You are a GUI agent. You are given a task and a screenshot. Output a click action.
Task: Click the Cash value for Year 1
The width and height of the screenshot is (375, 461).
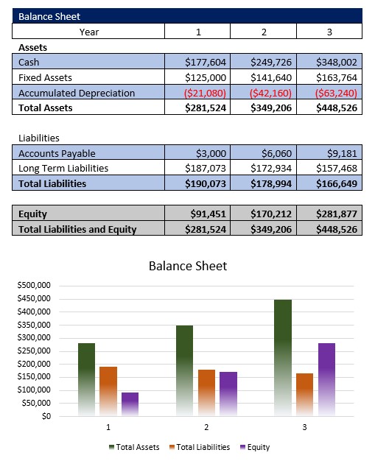pos(206,63)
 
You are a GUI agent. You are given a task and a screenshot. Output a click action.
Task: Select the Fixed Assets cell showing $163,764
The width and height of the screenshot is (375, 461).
pos(337,77)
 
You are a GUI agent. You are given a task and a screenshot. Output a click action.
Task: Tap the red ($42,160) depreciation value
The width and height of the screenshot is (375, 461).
pos(270,94)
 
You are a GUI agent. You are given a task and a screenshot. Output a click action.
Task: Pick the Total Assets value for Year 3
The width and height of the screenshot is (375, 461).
pos(337,108)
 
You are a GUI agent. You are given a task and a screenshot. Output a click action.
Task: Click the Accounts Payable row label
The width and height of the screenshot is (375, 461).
pos(57,153)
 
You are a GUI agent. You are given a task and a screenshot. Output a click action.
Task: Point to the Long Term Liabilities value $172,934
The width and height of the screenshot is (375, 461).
pos(271,168)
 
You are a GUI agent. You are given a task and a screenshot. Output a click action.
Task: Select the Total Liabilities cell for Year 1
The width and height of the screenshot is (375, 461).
pos(206,184)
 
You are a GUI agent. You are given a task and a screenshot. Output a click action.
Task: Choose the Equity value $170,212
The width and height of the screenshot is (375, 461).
pos(271,214)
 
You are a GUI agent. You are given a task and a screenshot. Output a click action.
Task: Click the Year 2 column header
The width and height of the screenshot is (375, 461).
pos(264,32)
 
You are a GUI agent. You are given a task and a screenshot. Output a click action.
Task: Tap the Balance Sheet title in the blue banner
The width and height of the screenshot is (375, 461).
pos(49,16)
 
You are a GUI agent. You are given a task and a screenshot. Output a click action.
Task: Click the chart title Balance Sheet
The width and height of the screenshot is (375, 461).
pos(188,266)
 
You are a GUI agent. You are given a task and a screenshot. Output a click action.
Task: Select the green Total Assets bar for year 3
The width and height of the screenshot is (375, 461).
pos(283,358)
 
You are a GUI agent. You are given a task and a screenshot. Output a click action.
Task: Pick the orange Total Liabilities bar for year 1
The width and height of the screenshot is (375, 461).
pos(108,391)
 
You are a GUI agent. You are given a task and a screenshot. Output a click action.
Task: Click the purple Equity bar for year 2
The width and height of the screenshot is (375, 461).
pos(228,394)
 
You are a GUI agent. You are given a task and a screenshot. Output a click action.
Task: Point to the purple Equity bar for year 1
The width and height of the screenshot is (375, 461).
pos(130,404)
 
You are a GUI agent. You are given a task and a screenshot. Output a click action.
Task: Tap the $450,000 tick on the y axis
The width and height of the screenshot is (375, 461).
pos(34,298)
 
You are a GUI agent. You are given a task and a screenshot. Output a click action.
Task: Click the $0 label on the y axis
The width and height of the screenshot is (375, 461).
pos(46,416)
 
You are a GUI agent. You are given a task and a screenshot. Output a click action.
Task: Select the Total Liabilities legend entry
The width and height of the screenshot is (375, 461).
pos(200,447)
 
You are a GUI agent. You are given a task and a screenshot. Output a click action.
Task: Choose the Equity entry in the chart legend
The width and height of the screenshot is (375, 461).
pos(255,447)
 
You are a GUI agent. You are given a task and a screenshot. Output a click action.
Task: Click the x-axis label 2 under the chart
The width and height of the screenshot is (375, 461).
pos(206,427)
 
